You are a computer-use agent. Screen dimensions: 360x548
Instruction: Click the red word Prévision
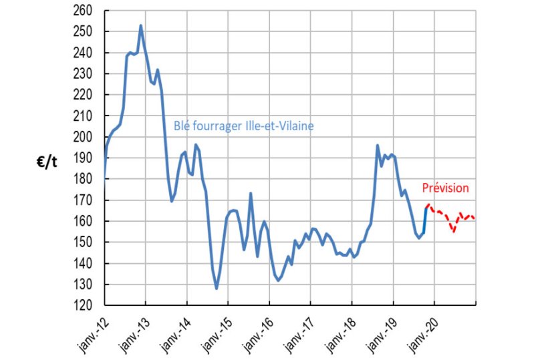pyautogui.click(x=445, y=189)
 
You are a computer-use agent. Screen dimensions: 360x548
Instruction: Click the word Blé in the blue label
pyautogui.click(x=181, y=126)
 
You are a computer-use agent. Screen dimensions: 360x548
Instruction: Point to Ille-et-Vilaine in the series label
pyautogui.click(x=280, y=126)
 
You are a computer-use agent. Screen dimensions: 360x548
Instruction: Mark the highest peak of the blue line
pyautogui.click(x=140, y=25)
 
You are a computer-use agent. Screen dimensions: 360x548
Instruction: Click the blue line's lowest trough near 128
pyautogui.click(x=217, y=288)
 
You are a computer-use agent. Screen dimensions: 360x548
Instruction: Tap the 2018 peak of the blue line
pyautogui.click(x=378, y=145)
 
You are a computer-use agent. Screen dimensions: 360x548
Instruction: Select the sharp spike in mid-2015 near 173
pyautogui.click(x=251, y=194)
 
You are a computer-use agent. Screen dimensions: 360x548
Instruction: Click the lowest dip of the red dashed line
pyautogui.click(x=453, y=232)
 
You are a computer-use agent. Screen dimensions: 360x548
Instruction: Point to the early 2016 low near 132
pyautogui.click(x=278, y=280)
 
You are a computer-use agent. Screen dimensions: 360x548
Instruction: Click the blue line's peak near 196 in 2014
pyautogui.click(x=196, y=145)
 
